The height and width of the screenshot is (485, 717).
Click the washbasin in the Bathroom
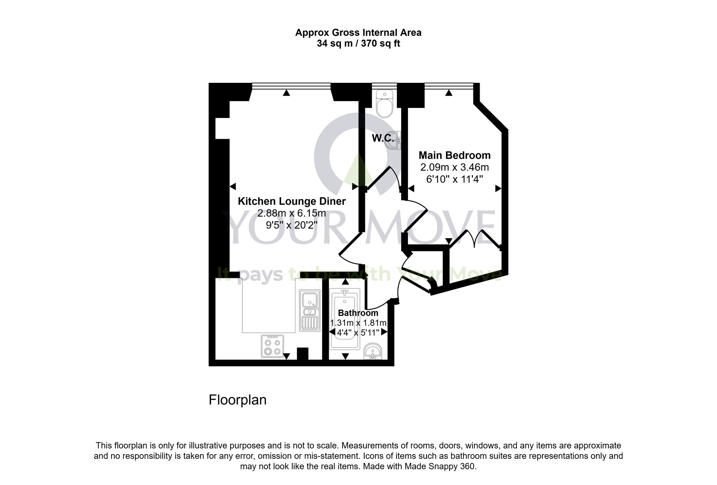point(373,352)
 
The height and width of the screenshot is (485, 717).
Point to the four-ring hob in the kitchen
point(272,346)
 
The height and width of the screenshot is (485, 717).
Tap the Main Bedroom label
point(455,155)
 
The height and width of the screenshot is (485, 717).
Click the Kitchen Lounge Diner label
point(291,201)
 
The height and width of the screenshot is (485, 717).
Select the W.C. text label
point(383,138)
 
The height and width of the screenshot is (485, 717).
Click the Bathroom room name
point(358,313)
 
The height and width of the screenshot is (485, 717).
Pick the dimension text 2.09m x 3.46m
point(455,167)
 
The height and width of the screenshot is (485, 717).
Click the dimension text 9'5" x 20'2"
point(291,225)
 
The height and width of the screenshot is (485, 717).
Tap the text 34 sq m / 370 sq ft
point(358,44)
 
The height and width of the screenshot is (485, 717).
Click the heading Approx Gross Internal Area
point(358,33)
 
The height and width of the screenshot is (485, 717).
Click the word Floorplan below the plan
point(237,400)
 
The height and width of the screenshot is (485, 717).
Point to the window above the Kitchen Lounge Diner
point(291,86)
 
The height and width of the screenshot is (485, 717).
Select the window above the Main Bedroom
point(449,86)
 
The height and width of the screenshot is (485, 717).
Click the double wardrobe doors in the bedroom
point(475,239)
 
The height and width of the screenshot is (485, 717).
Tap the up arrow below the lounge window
point(286,93)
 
